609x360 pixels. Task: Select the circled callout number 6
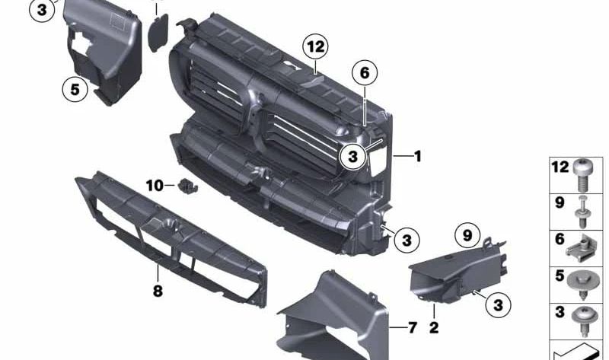tap(365, 73)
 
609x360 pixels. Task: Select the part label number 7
tap(412, 328)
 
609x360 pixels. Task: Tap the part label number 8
tap(158, 291)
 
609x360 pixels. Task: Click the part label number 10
tap(155, 185)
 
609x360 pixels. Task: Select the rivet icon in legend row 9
tap(582, 209)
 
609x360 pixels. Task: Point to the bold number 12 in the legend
tap(560, 166)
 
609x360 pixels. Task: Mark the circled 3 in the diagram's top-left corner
tap(43, 10)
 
